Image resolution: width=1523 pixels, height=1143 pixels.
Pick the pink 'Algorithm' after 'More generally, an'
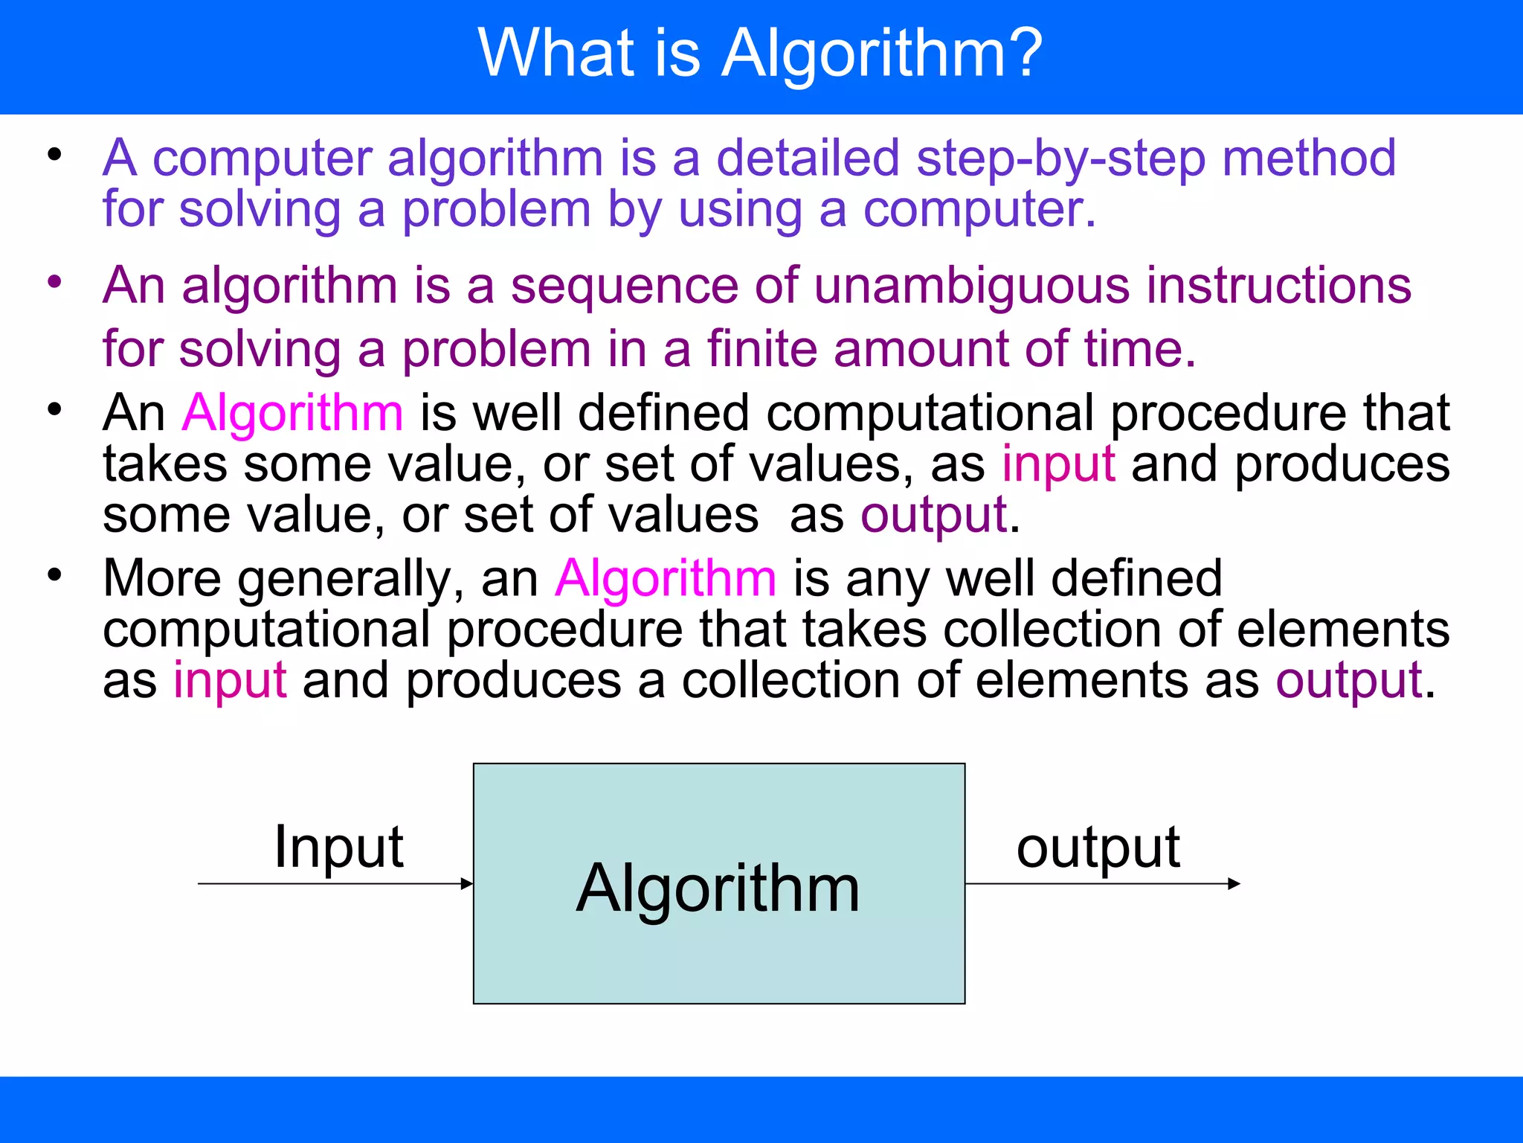click(x=666, y=578)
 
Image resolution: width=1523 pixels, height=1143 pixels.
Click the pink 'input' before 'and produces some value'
click(x=1058, y=464)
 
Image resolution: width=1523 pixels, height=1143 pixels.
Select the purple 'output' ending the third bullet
click(x=933, y=515)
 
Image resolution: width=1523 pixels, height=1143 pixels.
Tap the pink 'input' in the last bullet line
click(x=230, y=680)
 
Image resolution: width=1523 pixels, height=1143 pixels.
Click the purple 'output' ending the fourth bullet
click(x=1349, y=680)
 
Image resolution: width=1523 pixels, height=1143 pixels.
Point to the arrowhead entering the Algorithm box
click(x=467, y=884)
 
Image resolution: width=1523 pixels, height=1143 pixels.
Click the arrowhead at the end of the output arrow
click(x=1234, y=884)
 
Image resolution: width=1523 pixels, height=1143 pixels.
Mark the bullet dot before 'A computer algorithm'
click(x=54, y=155)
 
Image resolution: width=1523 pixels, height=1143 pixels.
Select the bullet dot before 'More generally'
click(x=54, y=574)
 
